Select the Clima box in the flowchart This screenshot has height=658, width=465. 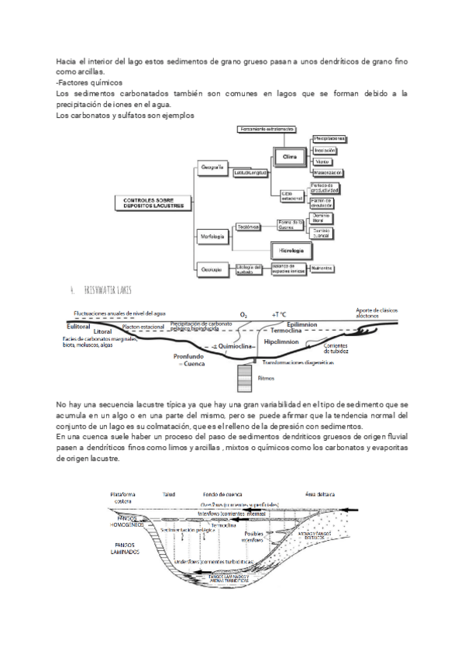(288, 155)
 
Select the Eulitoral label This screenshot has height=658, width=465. (79, 327)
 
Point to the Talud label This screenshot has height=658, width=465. (169, 493)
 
